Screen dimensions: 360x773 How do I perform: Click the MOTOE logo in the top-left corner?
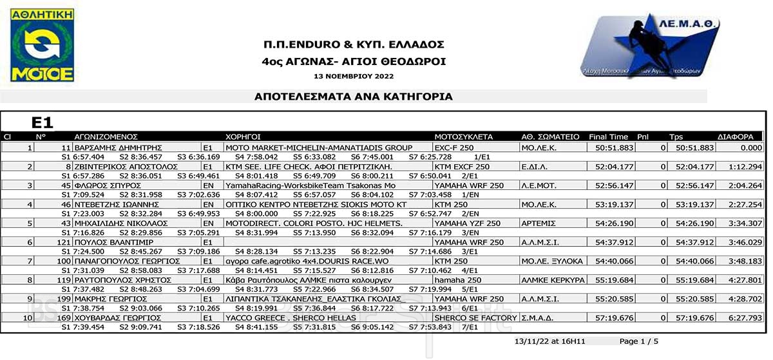[x=42, y=44]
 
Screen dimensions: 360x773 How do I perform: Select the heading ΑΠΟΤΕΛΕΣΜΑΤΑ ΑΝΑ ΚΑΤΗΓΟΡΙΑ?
[x=354, y=97]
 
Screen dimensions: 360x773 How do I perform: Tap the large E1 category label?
[x=43, y=122]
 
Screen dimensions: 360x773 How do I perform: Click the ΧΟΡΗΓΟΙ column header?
[x=243, y=137]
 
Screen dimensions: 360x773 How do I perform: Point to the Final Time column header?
[x=608, y=137]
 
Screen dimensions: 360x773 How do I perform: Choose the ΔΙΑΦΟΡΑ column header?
[x=736, y=137]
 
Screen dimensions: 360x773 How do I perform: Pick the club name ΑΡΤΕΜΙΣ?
[x=538, y=223]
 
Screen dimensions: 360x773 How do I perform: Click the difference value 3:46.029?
[x=745, y=242]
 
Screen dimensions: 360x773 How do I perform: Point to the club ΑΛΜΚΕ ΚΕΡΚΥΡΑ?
[x=552, y=280]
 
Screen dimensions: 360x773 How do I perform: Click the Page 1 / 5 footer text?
[x=639, y=341]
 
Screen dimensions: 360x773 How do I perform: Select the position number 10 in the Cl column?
[x=28, y=318]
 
